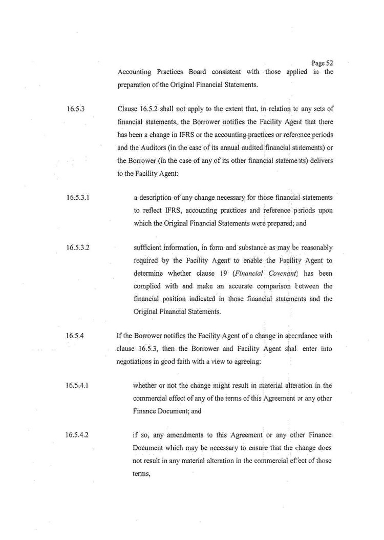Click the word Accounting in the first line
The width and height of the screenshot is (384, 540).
coord(134,72)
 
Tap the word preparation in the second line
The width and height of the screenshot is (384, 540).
coord(135,84)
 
